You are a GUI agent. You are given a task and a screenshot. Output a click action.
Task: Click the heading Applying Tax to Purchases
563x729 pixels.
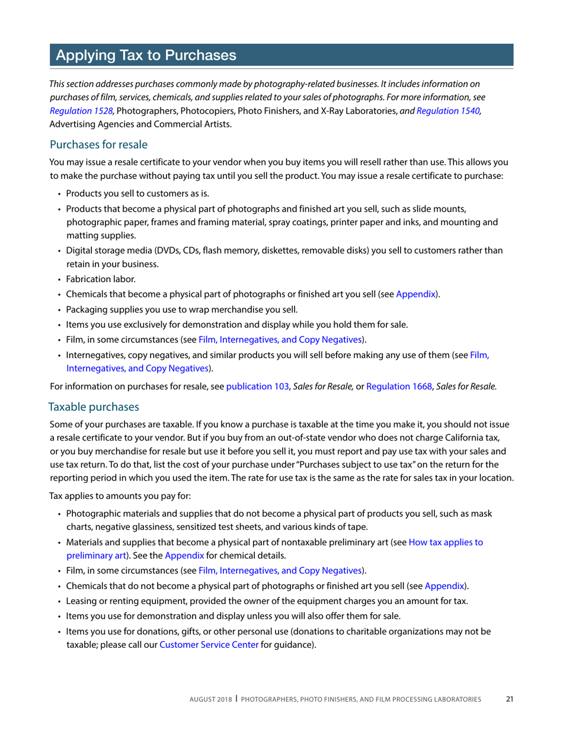point(146,56)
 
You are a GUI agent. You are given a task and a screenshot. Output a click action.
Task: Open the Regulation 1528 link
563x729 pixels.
point(81,111)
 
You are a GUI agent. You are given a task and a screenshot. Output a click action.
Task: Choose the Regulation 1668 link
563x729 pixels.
point(399,387)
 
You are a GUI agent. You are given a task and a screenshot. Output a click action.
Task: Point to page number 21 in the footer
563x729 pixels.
point(510,699)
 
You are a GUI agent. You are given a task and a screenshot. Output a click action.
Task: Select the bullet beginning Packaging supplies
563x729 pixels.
point(181,309)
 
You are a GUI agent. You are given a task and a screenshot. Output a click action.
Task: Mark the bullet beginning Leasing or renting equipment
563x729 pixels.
point(267,601)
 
